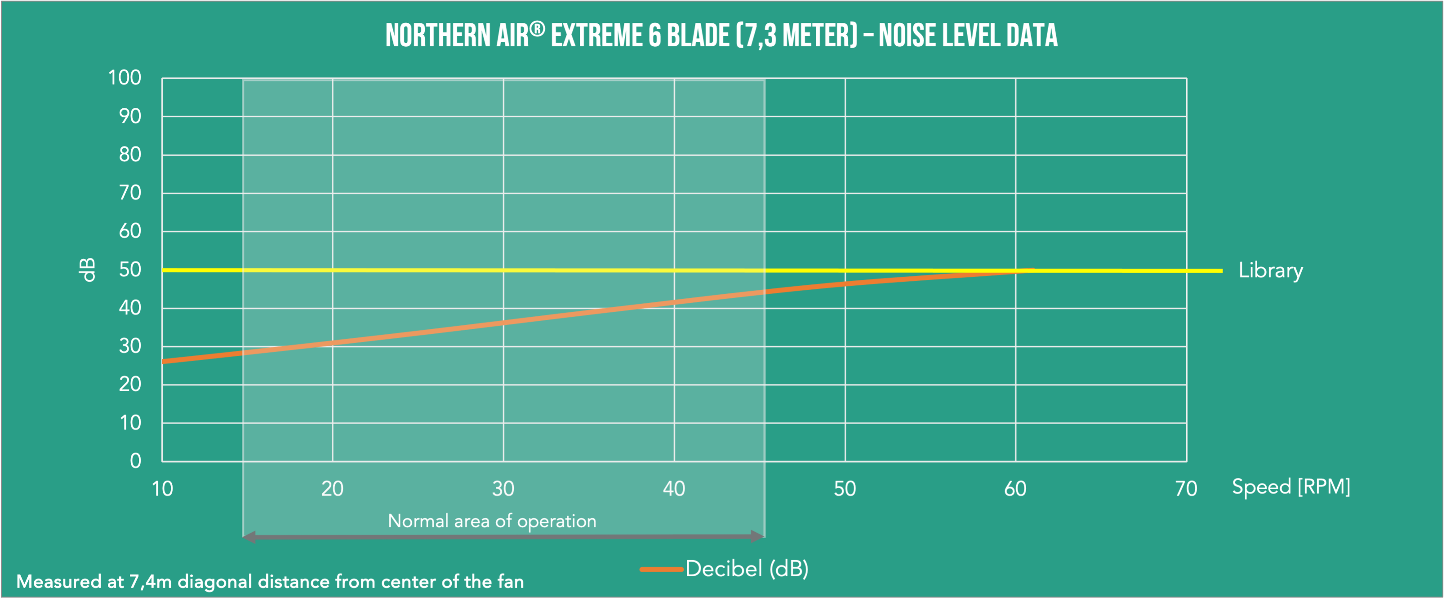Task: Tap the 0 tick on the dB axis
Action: [135, 461]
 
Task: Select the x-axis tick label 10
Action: [162, 489]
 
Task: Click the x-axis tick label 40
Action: [674, 489]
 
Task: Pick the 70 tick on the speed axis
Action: [1186, 489]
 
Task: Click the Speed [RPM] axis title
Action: [1290, 486]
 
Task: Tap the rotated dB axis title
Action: [87, 270]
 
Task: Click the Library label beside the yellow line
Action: [1270, 270]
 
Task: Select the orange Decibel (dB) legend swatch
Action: [661, 570]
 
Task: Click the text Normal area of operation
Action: [492, 521]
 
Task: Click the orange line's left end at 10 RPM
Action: [163, 362]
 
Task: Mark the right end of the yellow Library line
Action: [1221, 270]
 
